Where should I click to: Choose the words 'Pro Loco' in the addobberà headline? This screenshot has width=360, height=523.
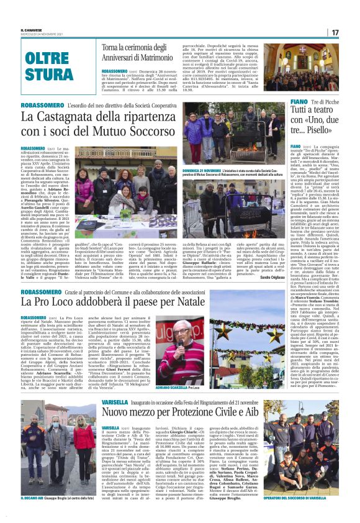point(75,301)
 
